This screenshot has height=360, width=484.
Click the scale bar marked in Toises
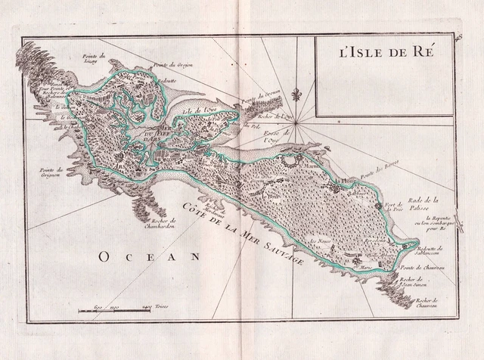pyautogui.click(x=114, y=311)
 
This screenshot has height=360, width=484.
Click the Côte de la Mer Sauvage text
pyautogui.click(x=242, y=227)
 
